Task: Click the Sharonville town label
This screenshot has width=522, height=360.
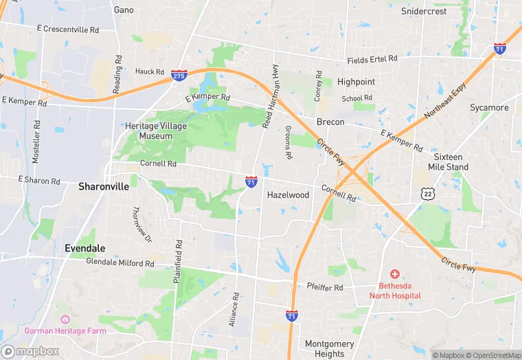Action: (104, 186)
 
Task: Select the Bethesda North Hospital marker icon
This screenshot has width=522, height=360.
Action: (395, 274)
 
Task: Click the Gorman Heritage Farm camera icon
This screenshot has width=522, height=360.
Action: (65, 319)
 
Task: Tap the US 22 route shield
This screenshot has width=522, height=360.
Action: (427, 194)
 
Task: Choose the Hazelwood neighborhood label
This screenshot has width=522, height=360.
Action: (288, 195)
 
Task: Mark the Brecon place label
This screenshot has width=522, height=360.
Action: (330, 122)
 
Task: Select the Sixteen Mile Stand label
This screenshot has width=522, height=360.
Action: (451, 162)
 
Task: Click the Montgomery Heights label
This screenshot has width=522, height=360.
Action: (329, 349)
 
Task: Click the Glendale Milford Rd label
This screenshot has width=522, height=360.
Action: (120, 262)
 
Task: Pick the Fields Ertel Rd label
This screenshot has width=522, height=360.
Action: (372, 60)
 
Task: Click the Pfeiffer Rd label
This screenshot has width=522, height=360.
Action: (325, 288)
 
